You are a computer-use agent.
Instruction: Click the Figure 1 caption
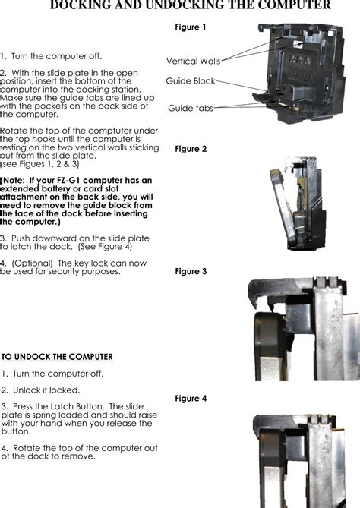pyautogui.click(x=190, y=27)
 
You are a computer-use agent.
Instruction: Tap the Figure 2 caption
pyautogui.click(x=191, y=149)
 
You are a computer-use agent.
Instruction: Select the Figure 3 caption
pyautogui.click(x=191, y=271)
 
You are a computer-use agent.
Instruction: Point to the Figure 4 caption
pyautogui.click(x=191, y=398)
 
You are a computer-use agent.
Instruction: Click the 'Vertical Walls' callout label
pyautogui.click(x=193, y=61)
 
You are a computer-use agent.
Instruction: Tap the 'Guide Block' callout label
pyautogui.click(x=191, y=81)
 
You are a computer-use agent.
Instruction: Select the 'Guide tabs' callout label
pyautogui.click(x=191, y=109)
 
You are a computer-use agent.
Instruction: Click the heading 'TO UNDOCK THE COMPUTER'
pyautogui.click(x=57, y=357)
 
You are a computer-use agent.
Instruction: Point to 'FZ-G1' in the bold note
pyautogui.click(x=69, y=181)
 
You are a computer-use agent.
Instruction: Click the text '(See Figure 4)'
pyautogui.click(x=105, y=247)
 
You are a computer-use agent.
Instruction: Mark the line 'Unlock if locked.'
pyautogui.click(x=46, y=390)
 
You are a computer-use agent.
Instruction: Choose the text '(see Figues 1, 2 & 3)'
pyautogui.click(x=39, y=164)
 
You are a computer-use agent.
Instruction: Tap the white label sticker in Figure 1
pyautogui.click(x=298, y=44)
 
